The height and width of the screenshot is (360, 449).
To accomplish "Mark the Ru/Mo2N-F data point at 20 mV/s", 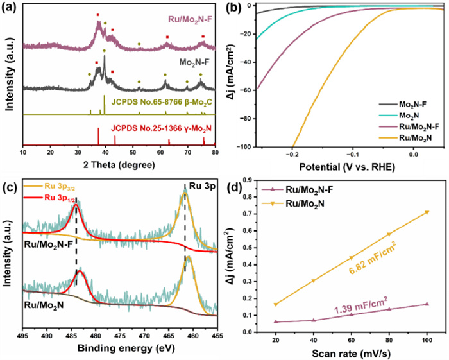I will tap(276, 321).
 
